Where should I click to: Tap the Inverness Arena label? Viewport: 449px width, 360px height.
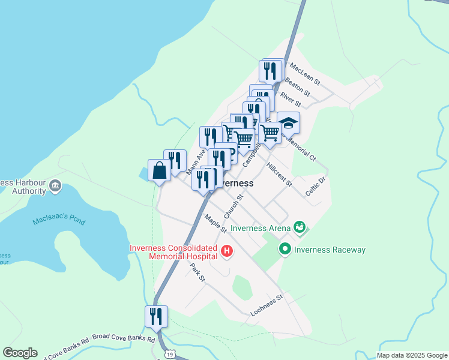[x=261, y=227]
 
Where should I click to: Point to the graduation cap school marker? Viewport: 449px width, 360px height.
[x=288, y=123]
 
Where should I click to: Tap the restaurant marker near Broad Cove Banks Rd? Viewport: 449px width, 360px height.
[x=156, y=316]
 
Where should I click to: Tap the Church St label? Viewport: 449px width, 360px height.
[x=234, y=206]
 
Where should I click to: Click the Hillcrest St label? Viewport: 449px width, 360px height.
[x=279, y=174]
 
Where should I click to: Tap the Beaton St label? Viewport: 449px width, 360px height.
[x=297, y=86]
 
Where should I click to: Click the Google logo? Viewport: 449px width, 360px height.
[x=20, y=353]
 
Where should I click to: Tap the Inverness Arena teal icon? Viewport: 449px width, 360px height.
[x=299, y=227]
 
